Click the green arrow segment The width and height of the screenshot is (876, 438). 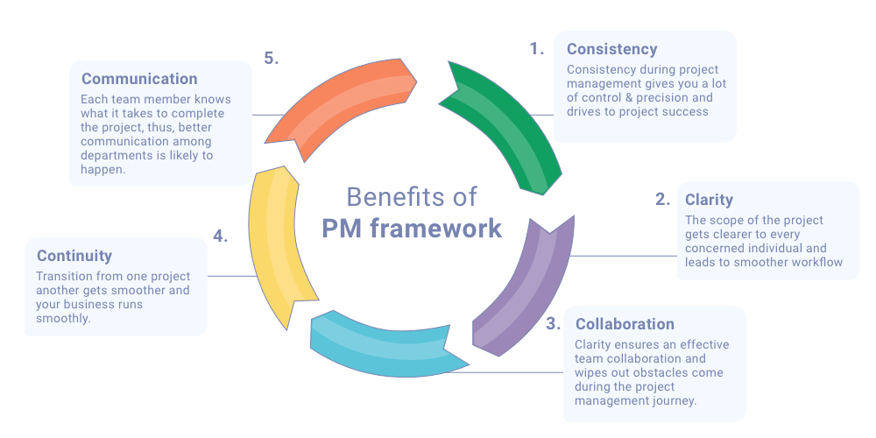click(508, 131)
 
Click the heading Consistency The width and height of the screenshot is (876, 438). click(611, 49)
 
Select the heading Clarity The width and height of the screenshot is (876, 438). click(709, 200)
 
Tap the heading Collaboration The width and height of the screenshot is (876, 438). click(625, 324)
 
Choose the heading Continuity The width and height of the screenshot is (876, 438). click(74, 256)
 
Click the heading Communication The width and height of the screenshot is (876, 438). click(139, 79)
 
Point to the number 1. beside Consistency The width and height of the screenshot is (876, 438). click(537, 49)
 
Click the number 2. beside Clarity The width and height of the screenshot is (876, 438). click(662, 200)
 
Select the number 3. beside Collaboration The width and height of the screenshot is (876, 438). click(553, 324)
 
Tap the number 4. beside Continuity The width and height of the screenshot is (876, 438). click(221, 237)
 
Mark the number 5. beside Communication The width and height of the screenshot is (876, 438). click(272, 59)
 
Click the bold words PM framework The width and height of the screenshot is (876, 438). click(412, 229)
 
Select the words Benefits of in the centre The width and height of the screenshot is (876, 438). click(412, 196)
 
